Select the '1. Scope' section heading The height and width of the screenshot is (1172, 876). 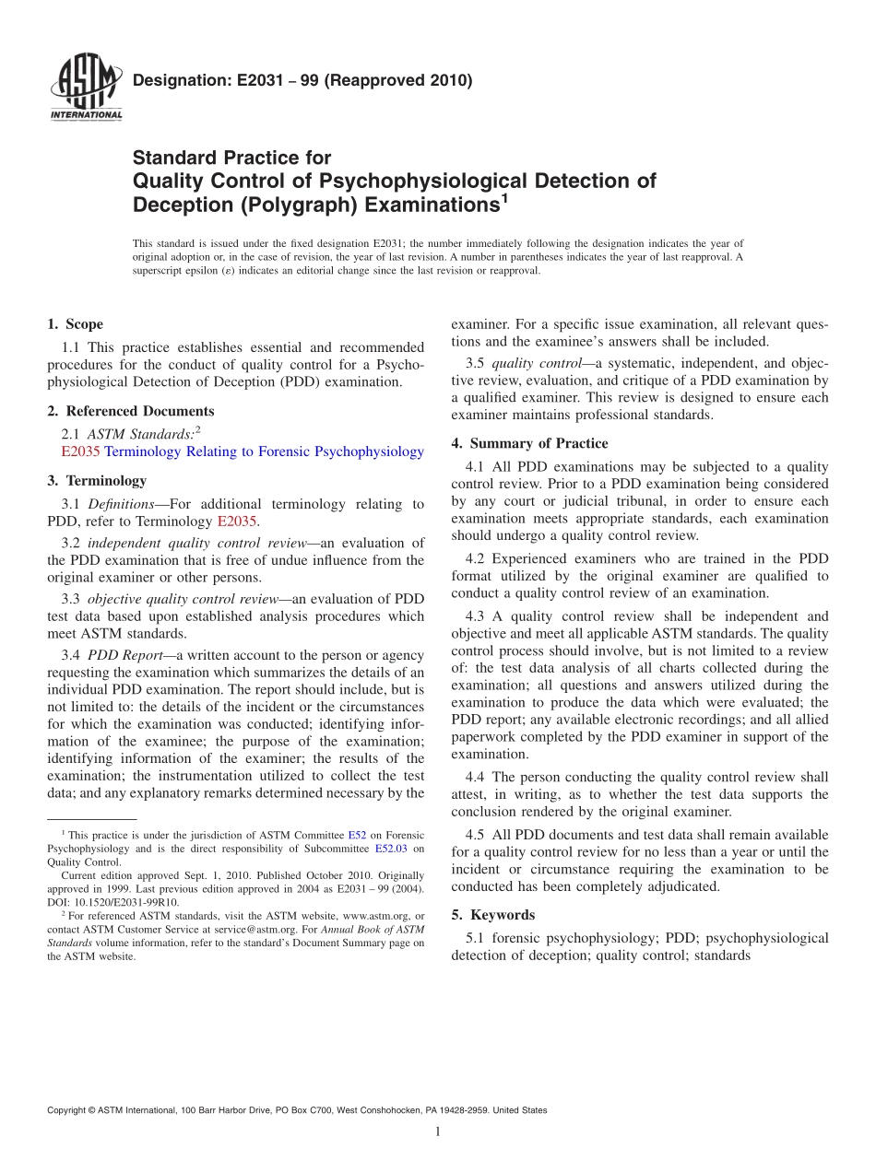tap(75, 324)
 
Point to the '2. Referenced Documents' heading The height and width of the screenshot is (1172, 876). tap(130, 411)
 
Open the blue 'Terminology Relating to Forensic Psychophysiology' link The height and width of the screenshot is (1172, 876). tap(264, 451)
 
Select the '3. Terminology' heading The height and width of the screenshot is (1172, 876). tap(97, 480)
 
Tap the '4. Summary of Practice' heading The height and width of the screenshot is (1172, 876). tap(529, 443)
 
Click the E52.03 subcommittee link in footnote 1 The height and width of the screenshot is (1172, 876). tap(390, 848)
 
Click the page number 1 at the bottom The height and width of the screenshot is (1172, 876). tap(438, 1131)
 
